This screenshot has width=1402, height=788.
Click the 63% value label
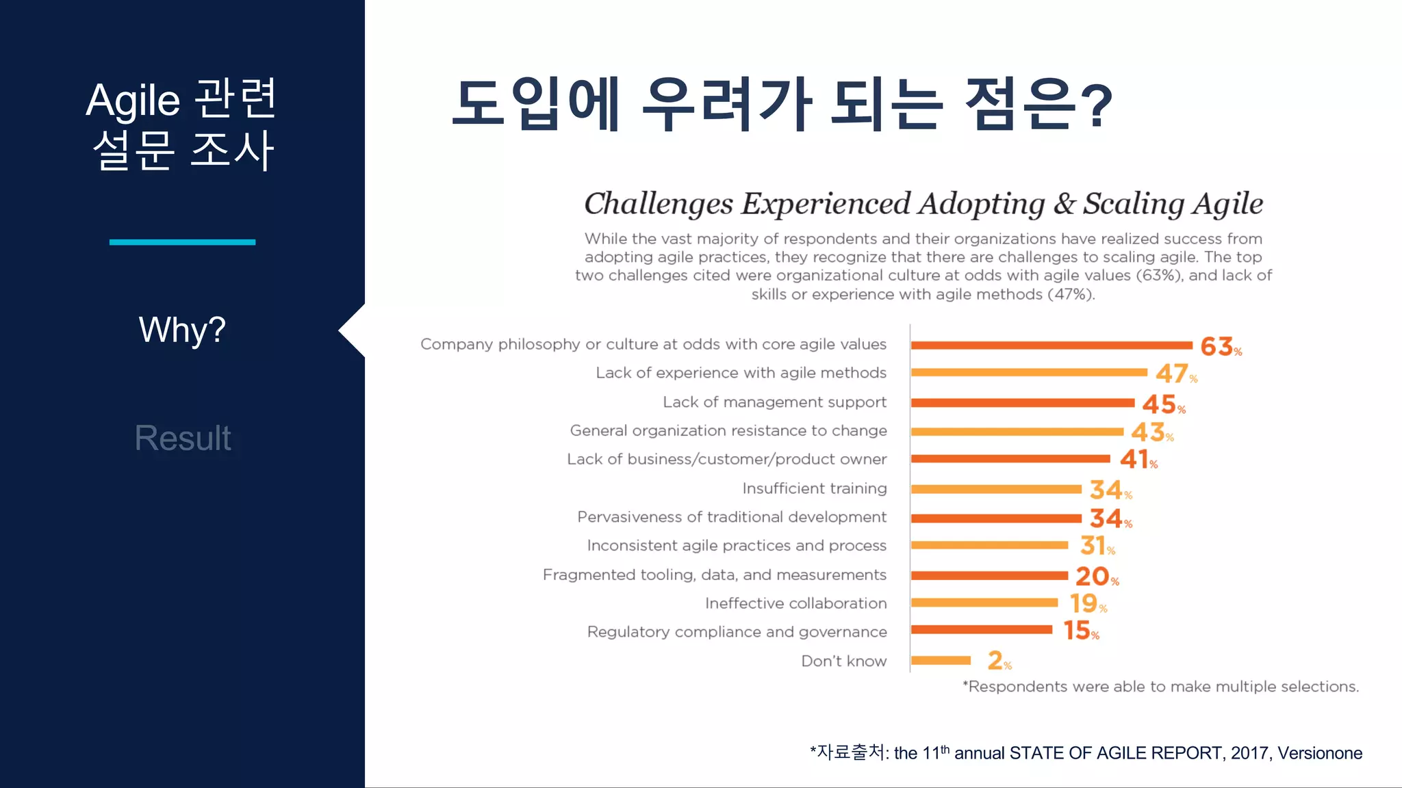click(x=1220, y=347)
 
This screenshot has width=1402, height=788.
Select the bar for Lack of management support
click(x=1022, y=403)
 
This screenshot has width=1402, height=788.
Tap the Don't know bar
click(x=941, y=661)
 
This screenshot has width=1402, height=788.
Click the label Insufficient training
click(x=814, y=488)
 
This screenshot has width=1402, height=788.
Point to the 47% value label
click(x=1175, y=373)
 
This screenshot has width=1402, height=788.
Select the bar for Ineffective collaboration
click(x=984, y=603)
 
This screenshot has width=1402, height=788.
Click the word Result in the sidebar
click(x=183, y=438)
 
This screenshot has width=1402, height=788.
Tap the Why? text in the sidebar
click(x=182, y=330)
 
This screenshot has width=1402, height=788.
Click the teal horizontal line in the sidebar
click(x=182, y=242)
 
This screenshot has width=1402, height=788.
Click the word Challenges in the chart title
click(x=658, y=204)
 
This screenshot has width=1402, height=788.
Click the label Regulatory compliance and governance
click(x=737, y=632)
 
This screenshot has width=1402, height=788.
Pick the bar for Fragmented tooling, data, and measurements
click(x=989, y=575)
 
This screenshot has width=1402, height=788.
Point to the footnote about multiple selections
click(x=1160, y=687)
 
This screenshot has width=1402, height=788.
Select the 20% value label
click(x=1096, y=577)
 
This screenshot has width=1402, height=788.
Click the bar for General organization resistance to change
click(x=1017, y=432)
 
